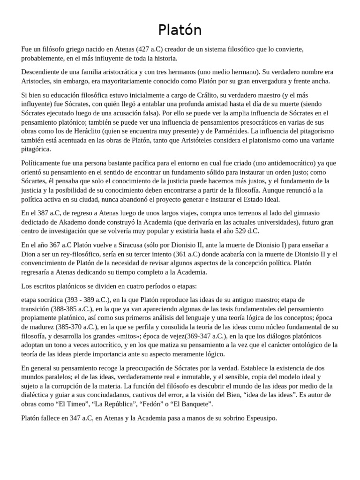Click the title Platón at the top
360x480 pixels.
tap(180, 30)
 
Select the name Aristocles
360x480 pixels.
tap(37, 81)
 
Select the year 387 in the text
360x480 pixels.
tap(46, 213)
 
